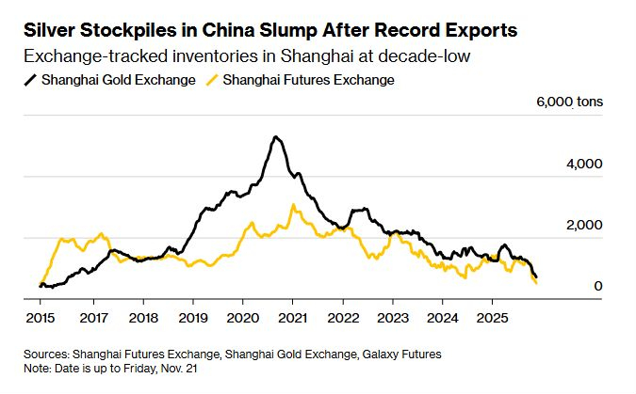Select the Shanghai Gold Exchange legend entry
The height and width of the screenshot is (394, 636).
point(118,80)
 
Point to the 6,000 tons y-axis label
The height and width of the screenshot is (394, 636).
point(570,102)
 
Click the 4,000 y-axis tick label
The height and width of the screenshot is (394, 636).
point(583,164)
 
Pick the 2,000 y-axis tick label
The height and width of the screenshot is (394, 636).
point(583,226)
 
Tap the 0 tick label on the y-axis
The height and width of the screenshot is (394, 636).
point(596,286)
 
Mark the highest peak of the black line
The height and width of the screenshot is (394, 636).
point(274,137)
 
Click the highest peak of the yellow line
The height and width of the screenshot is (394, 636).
point(293,205)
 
